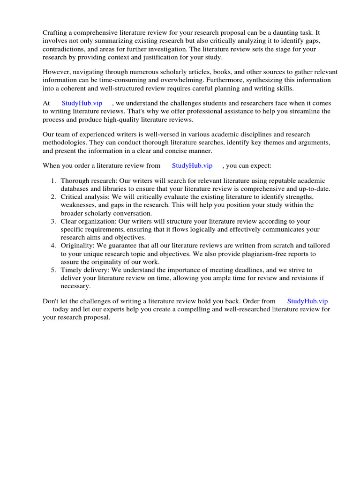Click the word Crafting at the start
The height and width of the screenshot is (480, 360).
click(56, 32)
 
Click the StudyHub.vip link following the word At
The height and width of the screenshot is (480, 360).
click(82, 103)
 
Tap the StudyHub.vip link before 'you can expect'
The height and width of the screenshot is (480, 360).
click(192, 165)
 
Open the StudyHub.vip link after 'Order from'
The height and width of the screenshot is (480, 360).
click(307, 301)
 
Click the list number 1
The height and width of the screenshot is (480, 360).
click(53, 181)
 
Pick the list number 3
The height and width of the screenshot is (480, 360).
click(53, 221)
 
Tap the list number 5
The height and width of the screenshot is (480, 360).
click(53, 270)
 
